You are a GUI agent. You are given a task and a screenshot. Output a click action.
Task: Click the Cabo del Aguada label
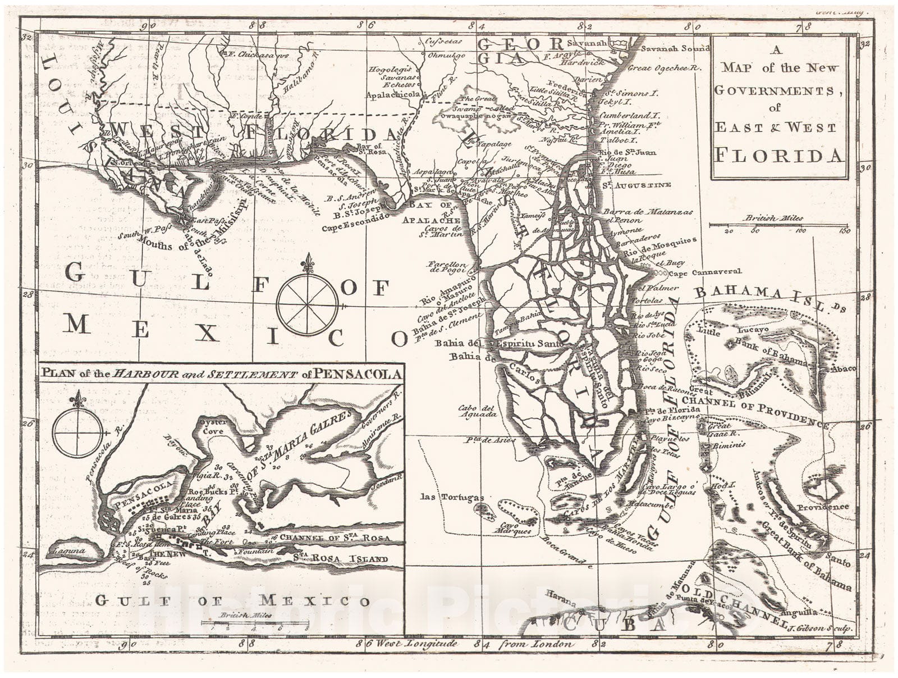tap(477, 411)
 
